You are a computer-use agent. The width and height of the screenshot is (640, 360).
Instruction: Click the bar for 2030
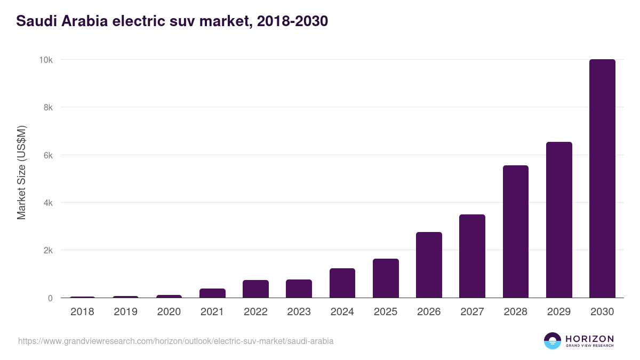tap(602, 179)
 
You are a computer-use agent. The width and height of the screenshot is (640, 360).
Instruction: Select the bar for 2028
tap(515, 231)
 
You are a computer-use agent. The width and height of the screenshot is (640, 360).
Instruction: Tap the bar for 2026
tap(429, 265)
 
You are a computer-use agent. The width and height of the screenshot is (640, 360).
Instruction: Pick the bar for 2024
tap(342, 283)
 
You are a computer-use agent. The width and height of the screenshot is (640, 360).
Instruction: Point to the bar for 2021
tap(213, 293)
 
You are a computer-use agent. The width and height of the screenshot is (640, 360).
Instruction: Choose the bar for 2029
tap(559, 220)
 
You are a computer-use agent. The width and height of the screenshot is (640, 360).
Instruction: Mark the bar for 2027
tap(472, 256)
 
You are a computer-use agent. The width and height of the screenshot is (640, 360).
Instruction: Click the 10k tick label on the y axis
tap(45, 60)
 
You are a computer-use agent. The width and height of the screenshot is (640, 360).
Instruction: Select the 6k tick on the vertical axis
tap(47, 155)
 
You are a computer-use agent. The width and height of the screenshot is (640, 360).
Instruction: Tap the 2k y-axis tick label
tap(47, 250)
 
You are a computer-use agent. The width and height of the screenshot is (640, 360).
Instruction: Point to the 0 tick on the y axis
tap(50, 298)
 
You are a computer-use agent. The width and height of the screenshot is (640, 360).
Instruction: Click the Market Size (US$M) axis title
tap(21, 172)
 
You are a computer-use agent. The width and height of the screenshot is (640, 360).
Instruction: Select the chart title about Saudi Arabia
tap(172, 21)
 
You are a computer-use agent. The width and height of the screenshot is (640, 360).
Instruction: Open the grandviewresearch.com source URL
tap(175, 341)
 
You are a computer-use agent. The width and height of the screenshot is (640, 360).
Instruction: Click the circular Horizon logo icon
tap(553, 341)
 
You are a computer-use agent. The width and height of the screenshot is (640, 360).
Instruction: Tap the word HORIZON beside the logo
tap(589, 338)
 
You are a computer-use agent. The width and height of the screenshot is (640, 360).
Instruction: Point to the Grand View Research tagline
tap(589, 346)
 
